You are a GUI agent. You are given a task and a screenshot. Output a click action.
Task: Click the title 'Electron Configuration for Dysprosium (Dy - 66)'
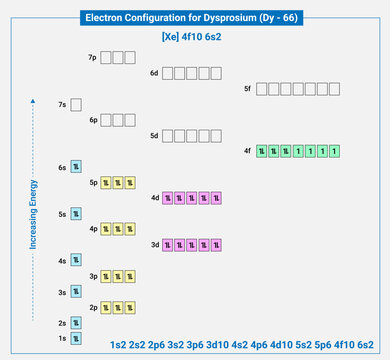[195, 18]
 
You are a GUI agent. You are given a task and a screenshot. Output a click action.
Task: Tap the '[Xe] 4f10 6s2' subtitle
[195, 37]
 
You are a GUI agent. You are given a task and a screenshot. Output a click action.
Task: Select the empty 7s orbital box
[76, 104]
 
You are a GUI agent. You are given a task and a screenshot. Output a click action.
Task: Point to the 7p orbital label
[92, 58]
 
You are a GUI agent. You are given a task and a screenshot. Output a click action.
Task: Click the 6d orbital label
[154, 73]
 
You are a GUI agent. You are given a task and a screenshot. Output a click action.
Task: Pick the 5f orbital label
[247, 89]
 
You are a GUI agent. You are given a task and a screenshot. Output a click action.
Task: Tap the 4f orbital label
[247, 150]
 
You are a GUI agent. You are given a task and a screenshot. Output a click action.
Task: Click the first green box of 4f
[262, 151]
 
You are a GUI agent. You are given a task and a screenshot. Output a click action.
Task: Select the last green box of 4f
[334, 151]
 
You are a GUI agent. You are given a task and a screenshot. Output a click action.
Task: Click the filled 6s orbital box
[76, 166]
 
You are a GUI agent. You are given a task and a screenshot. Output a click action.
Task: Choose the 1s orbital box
[76, 339]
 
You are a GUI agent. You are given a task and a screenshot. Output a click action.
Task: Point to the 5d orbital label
[154, 135]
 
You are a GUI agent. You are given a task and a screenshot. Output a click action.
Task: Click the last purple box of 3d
[228, 244]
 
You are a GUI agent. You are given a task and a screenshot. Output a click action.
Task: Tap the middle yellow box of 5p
[117, 182]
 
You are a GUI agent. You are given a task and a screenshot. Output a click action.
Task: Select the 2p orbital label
[93, 307]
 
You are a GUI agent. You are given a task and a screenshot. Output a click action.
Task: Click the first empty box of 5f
[262, 89]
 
